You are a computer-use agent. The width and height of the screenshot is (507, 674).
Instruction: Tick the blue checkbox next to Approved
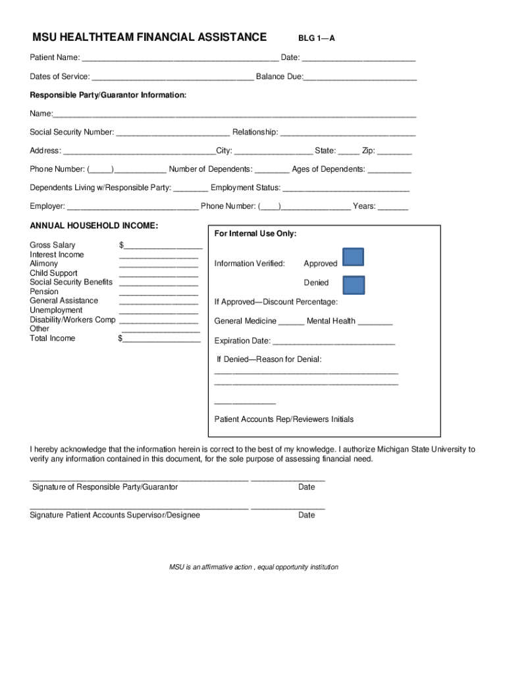353,257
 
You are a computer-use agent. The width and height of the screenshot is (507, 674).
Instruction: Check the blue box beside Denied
354,284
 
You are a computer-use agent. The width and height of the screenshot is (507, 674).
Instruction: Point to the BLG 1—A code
316,38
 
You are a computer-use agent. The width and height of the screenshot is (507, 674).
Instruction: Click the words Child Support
53,273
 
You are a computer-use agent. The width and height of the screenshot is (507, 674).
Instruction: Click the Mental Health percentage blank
375,323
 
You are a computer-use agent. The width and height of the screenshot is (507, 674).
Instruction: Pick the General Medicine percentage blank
291,323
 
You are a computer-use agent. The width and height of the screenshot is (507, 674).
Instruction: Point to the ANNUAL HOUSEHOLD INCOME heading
94,226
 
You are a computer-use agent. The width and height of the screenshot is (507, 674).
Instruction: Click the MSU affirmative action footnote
254,567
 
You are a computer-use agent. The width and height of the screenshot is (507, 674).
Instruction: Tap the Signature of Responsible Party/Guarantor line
139,480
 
